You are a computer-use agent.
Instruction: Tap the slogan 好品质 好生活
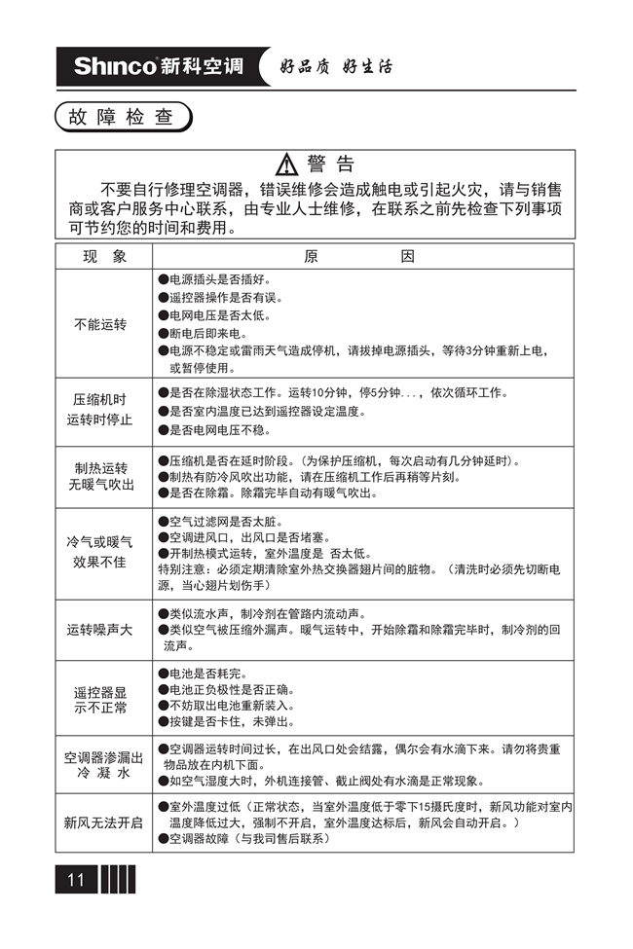point(336,67)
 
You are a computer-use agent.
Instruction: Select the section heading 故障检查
point(122,118)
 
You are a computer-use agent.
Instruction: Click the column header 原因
point(359,257)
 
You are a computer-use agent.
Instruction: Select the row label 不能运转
point(100,324)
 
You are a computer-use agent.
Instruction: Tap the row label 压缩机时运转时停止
point(100,410)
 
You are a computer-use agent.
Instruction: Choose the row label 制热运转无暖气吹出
point(100,475)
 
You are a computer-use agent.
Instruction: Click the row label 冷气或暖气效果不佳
point(100,551)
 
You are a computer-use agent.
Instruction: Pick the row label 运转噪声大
point(100,630)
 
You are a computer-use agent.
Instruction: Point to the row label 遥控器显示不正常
point(100,699)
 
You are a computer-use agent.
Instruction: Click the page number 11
point(76,880)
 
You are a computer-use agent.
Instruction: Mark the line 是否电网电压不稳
point(220,429)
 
